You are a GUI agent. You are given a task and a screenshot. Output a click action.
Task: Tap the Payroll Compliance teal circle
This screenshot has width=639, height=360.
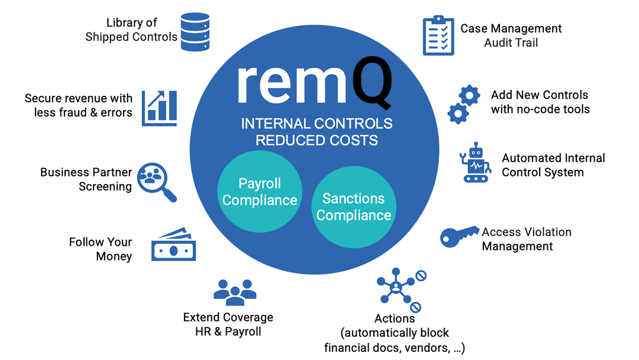[260, 191]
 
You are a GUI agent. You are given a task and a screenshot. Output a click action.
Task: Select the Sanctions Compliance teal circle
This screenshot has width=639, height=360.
[353, 207]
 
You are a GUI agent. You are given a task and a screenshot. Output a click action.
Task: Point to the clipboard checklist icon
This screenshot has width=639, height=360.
[438, 36]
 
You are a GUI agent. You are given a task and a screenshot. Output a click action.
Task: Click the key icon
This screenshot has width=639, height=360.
[459, 236]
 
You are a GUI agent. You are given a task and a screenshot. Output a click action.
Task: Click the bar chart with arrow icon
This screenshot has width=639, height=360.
[159, 108]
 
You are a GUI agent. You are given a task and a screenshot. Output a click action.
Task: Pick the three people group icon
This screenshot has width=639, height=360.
[235, 290]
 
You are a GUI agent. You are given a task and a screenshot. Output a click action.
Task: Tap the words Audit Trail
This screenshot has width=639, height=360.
[511, 43]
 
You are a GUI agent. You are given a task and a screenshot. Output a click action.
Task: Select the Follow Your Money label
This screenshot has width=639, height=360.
[100, 249]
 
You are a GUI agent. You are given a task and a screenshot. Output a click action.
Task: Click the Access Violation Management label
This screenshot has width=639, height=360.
[526, 239]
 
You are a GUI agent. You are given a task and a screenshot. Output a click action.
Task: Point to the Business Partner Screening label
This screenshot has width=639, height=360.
[86, 179]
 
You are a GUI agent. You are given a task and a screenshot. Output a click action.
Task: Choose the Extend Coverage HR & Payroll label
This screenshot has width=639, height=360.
[228, 324]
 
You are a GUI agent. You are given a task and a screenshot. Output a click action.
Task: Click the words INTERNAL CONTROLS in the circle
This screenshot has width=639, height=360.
[317, 124]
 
